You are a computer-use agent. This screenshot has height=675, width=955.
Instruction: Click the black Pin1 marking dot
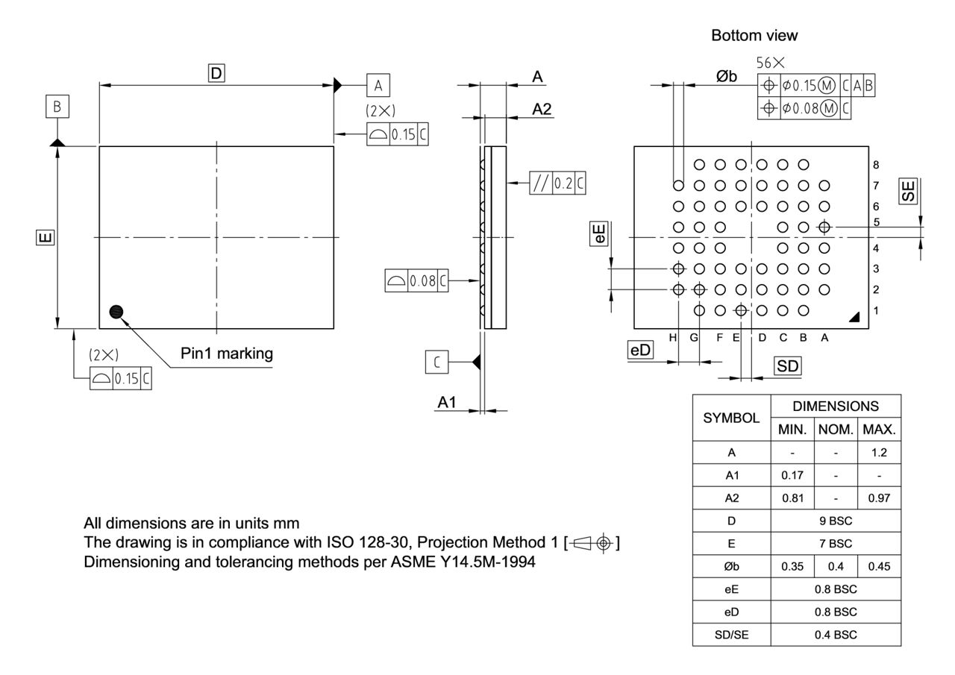(x=116, y=312)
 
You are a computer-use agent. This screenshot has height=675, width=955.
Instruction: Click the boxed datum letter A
(x=378, y=86)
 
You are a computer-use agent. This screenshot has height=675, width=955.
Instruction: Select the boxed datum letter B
(x=57, y=107)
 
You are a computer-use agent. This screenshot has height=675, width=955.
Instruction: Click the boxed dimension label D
(x=216, y=73)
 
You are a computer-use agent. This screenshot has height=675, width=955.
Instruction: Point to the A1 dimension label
(x=446, y=402)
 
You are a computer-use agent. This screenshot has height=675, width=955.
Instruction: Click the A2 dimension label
(x=542, y=109)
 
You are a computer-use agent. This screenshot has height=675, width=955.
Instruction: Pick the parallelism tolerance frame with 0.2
(x=557, y=183)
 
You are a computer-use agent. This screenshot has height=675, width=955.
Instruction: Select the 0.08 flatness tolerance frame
(x=417, y=281)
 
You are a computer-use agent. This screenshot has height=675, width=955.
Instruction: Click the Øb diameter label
(x=726, y=77)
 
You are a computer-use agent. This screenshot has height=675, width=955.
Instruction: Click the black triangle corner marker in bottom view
(x=854, y=317)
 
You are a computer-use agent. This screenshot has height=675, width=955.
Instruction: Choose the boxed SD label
(x=787, y=365)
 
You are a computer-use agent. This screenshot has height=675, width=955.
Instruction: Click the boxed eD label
(x=639, y=351)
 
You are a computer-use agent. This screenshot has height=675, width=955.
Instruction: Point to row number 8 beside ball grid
(x=876, y=165)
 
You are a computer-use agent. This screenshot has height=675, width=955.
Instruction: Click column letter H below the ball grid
(x=672, y=338)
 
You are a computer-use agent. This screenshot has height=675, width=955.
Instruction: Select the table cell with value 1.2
(x=879, y=453)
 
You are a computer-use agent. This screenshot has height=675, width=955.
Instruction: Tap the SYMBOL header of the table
(x=731, y=418)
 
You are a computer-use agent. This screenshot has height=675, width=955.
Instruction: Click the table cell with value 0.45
(x=879, y=567)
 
